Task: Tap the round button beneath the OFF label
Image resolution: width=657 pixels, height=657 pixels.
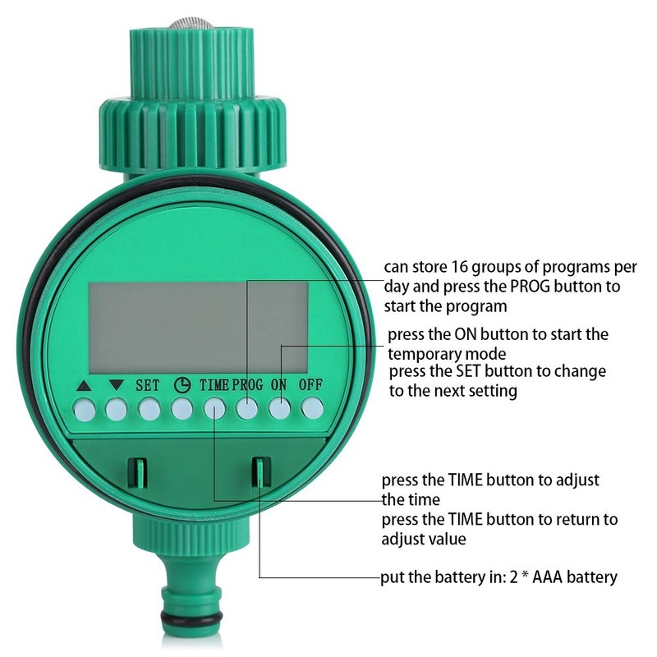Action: [x=311, y=407]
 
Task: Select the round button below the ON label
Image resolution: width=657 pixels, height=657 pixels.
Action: [x=279, y=407]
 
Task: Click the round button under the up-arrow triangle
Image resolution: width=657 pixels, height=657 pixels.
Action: [x=83, y=407]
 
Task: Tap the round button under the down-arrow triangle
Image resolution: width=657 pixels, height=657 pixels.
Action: [x=116, y=407]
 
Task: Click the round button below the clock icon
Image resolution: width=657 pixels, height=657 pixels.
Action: [x=181, y=407]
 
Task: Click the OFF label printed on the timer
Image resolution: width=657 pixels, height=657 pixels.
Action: [x=310, y=384]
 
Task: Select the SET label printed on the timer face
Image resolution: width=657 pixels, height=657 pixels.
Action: [x=148, y=384]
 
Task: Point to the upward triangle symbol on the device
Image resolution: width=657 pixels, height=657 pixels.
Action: [x=82, y=384]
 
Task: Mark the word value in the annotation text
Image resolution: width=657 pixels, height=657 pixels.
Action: [x=447, y=539]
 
